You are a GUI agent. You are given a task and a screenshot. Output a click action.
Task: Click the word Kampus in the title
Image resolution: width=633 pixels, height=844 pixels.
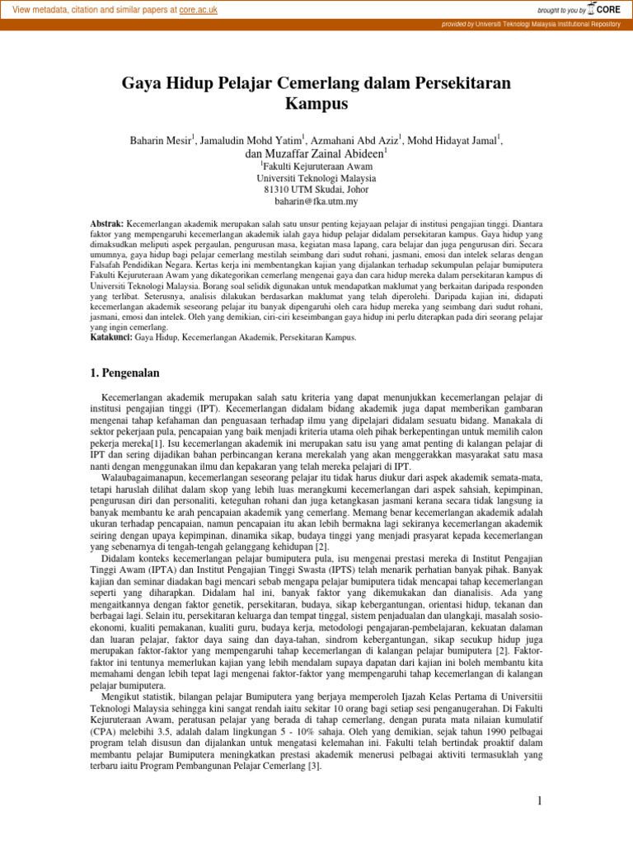click(316, 104)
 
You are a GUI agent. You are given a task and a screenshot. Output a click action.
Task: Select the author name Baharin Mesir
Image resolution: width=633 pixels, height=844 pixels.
click(161, 141)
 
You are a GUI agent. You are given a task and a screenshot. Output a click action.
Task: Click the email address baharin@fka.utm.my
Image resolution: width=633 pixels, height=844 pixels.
click(316, 201)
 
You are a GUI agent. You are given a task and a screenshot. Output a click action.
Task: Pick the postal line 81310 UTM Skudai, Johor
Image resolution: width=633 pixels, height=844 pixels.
click(316, 190)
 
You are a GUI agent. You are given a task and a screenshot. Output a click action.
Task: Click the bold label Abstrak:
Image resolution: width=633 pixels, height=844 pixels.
click(106, 224)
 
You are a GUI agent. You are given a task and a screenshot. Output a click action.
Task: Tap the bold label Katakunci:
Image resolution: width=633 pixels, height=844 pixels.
click(110, 338)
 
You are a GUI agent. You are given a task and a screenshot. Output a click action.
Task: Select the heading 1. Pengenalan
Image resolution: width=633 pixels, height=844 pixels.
click(124, 373)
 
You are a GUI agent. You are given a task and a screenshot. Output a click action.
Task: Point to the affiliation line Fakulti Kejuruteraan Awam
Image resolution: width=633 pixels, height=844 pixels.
click(318, 166)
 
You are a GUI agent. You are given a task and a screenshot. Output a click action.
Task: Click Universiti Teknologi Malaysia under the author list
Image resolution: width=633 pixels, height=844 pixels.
click(316, 178)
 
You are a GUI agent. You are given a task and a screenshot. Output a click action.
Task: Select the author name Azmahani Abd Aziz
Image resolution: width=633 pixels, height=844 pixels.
click(357, 141)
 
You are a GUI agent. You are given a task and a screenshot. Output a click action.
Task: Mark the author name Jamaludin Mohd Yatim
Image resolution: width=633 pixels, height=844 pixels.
click(251, 141)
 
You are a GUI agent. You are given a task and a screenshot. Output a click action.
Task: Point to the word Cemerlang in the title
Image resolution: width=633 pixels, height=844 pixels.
click(312, 83)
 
